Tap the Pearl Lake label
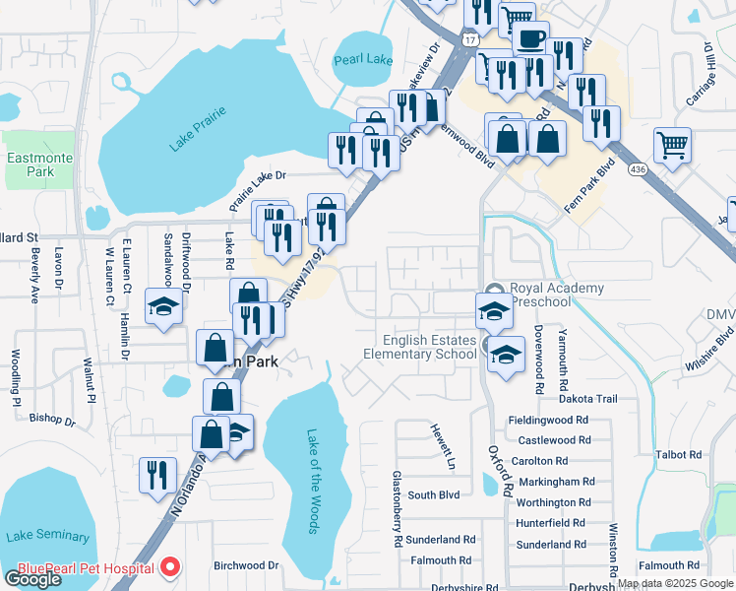pos(363,60)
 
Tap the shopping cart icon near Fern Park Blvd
pos(672,145)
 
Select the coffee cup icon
pos(530,38)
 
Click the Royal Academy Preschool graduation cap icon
pos(494,311)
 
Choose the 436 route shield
pos(638,168)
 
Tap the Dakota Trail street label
pos(588,399)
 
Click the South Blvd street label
pos(434,495)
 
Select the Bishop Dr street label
pos(52,418)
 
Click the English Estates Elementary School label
pos(420,347)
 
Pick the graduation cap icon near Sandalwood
pos(163,305)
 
